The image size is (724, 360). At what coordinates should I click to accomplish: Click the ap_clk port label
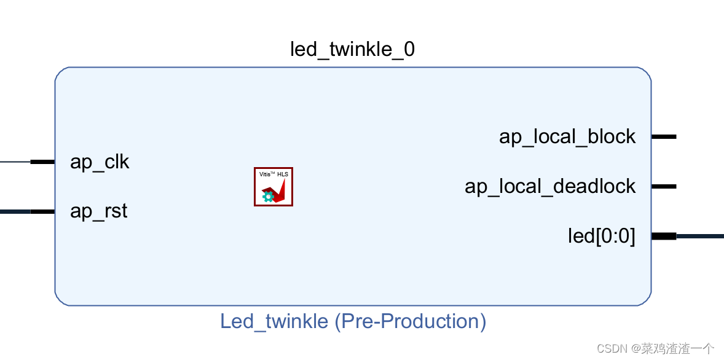100,163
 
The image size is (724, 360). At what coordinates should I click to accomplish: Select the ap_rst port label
98,211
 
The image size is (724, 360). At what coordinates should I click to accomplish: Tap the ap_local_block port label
567,136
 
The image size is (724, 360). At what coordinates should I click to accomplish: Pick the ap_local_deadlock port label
549,186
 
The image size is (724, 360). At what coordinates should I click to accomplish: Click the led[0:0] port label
601,236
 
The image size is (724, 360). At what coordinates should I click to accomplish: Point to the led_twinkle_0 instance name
352,50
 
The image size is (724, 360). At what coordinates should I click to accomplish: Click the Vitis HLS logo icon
273,187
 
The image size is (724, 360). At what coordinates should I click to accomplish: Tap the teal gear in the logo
268,197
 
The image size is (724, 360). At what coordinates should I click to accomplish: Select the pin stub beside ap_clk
42,162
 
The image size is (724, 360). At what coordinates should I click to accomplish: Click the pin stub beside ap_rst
42,212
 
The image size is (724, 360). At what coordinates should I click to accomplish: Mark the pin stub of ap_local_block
664,136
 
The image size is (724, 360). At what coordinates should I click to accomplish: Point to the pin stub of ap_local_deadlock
664,186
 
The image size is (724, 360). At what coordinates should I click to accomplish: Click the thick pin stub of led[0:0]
664,236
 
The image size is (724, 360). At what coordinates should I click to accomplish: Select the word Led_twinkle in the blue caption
274,321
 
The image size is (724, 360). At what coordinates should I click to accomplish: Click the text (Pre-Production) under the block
411,321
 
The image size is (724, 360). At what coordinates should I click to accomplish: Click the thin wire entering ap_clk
15,162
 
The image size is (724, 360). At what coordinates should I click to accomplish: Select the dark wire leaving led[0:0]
701,236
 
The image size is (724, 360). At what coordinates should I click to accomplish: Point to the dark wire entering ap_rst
15,212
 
